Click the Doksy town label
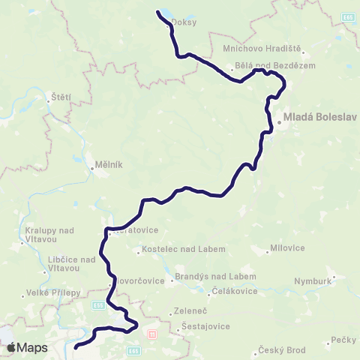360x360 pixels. [x=184, y=22]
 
